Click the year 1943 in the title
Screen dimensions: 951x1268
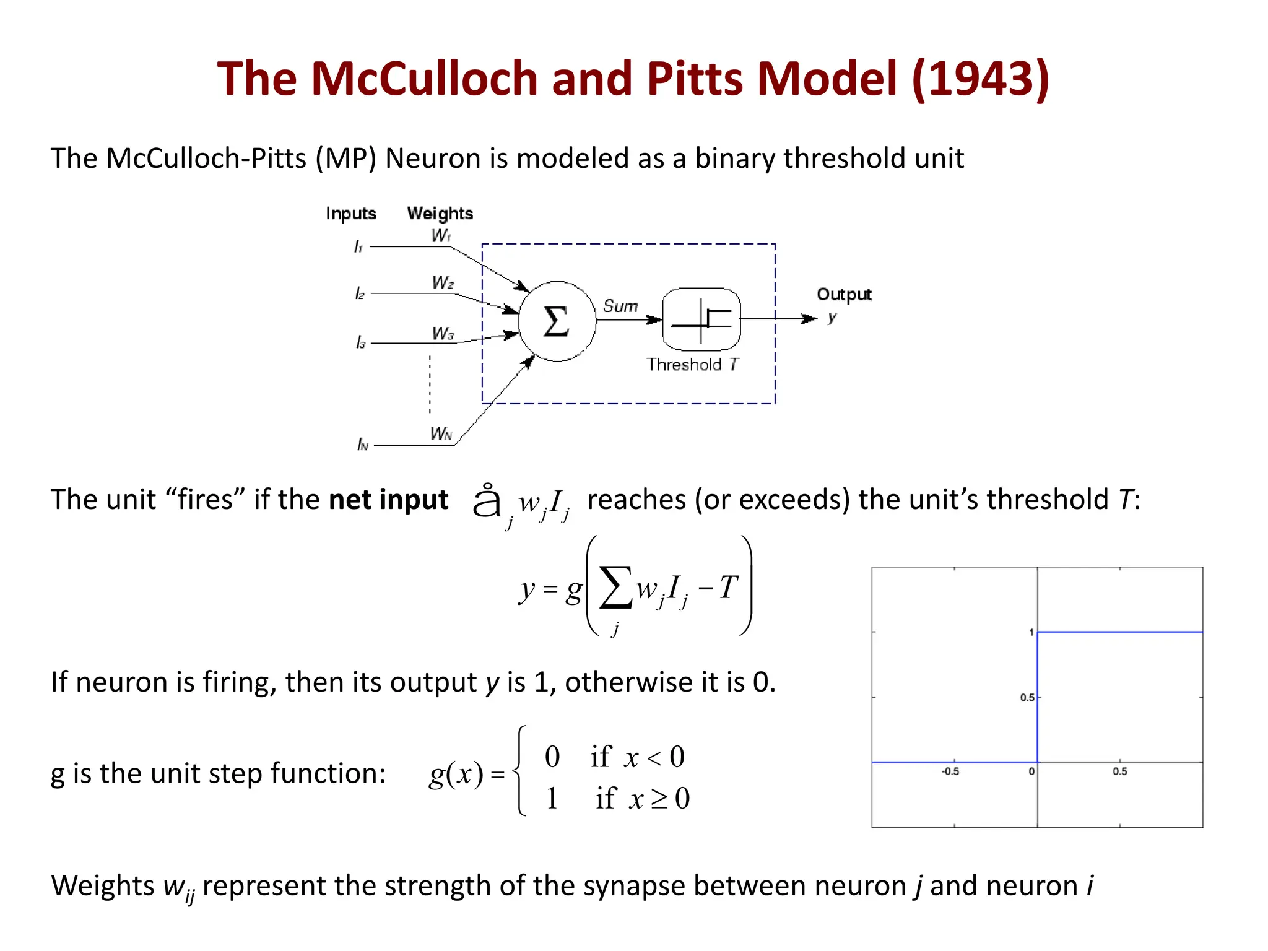point(981,79)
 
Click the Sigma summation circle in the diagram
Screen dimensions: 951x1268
point(557,321)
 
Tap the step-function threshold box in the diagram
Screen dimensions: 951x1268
point(701,319)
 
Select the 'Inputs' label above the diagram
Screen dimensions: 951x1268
point(351,214)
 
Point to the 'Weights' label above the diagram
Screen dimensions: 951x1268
point(440,214)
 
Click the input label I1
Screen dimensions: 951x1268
point(358,247)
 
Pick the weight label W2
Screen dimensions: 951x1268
point(443,283)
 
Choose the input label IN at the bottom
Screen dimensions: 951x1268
point(363,445)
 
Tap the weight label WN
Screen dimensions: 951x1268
point(441,433)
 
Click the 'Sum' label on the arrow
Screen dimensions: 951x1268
point(620,306)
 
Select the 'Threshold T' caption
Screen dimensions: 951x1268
point(693,365)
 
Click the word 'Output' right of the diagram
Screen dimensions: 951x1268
point(844,294)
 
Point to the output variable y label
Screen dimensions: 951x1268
point(832,318)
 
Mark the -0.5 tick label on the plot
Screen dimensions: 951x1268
point(950,771)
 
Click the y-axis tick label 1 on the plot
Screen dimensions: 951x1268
point(1031,632)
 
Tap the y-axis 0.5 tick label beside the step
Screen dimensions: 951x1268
point(1027,698)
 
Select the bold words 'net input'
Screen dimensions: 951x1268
point(388,500)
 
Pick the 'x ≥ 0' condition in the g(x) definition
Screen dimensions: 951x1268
point(659,799)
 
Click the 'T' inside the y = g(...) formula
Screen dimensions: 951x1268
point(728,587)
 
